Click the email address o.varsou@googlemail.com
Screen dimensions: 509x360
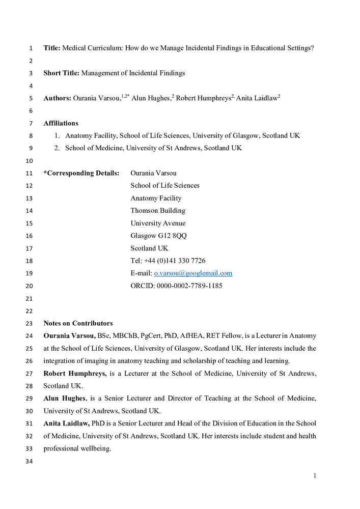pos(193,273)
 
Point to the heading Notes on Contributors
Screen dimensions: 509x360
pos(78,323)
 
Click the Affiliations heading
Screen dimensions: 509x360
pos(61,123)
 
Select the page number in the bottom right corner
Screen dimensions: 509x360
pos(315,476)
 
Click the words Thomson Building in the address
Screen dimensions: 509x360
pos(158,211)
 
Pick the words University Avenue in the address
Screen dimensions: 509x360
pos(158,223)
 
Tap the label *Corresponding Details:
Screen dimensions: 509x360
pos(81,173)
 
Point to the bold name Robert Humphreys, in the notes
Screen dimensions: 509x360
pos(75,373)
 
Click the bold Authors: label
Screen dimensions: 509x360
pos(57,98)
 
